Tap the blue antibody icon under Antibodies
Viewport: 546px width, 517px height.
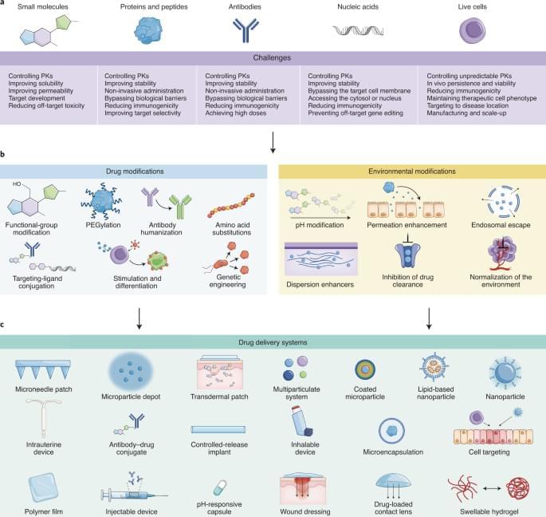(246, 30)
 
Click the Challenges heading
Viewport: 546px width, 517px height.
(273, 58)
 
